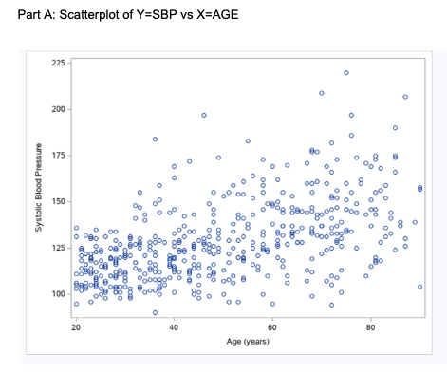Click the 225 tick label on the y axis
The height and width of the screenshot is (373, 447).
[58, 63]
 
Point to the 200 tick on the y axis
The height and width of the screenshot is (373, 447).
[58, 109]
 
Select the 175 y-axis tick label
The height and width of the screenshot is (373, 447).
[58, 156]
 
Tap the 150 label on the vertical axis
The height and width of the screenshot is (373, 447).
[58, 202]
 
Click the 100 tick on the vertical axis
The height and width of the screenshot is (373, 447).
[58, 294]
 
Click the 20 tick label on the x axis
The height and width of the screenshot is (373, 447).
[76, 327]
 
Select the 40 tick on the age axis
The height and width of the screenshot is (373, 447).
[174, 327]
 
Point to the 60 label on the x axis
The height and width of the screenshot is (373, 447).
[272, 327]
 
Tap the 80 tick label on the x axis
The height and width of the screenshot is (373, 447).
[371, 327]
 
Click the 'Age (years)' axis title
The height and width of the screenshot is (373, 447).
[248, 340]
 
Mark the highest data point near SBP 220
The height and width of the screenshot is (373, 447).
[346, 72]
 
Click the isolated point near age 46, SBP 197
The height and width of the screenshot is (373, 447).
[203, 115]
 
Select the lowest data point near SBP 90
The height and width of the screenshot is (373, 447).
[155, 312]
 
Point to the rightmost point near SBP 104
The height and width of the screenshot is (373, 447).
[419, 287]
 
